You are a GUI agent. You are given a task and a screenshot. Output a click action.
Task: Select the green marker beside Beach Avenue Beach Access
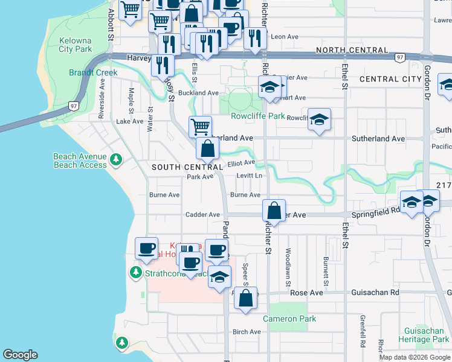point(115,160)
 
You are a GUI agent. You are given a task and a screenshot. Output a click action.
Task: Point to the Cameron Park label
point(289,319)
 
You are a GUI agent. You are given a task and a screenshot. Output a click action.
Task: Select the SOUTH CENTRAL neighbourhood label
point(187,167)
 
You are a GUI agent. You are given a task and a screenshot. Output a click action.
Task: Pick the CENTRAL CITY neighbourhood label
point(390,79)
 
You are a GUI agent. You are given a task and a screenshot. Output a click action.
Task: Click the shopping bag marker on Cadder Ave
point(274,211)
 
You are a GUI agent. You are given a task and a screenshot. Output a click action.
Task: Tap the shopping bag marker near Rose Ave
point(245,298)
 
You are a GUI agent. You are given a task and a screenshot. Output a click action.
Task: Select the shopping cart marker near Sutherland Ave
point(200,127)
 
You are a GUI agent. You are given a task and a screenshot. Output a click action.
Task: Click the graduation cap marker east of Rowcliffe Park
point(319,119)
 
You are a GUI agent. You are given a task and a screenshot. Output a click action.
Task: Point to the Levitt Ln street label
point(251,176)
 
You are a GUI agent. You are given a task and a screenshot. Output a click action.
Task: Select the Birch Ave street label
point(247,332)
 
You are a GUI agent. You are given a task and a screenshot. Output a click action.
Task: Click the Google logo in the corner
point(20,355)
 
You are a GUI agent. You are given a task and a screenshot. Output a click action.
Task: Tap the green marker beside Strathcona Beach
point(135,273)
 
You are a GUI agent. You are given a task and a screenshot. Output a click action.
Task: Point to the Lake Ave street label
point(129,121)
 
